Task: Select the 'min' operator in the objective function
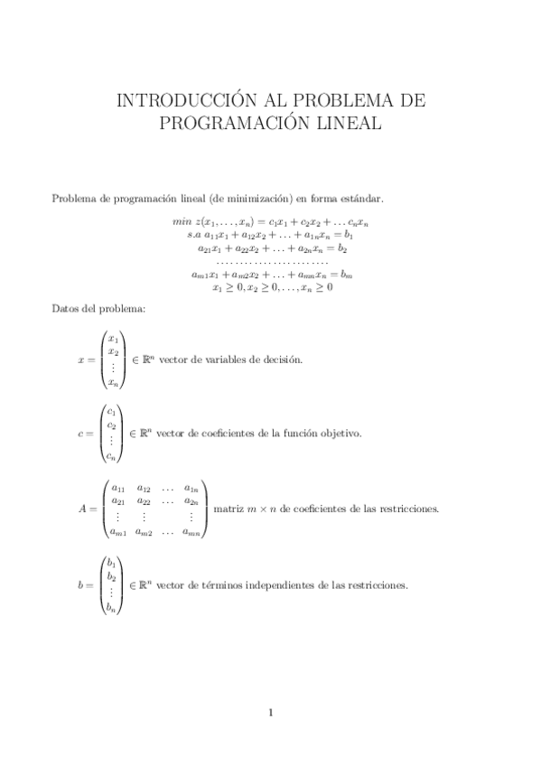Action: tap(181, 220)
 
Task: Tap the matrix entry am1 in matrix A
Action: tap(118, 531)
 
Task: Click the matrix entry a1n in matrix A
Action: tap(191, 488)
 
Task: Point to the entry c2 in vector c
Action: tap(111, 425)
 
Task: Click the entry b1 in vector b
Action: tap(110, 563)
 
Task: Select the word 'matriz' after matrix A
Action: tap(229, 509)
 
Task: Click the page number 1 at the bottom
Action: tap(270, 713)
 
